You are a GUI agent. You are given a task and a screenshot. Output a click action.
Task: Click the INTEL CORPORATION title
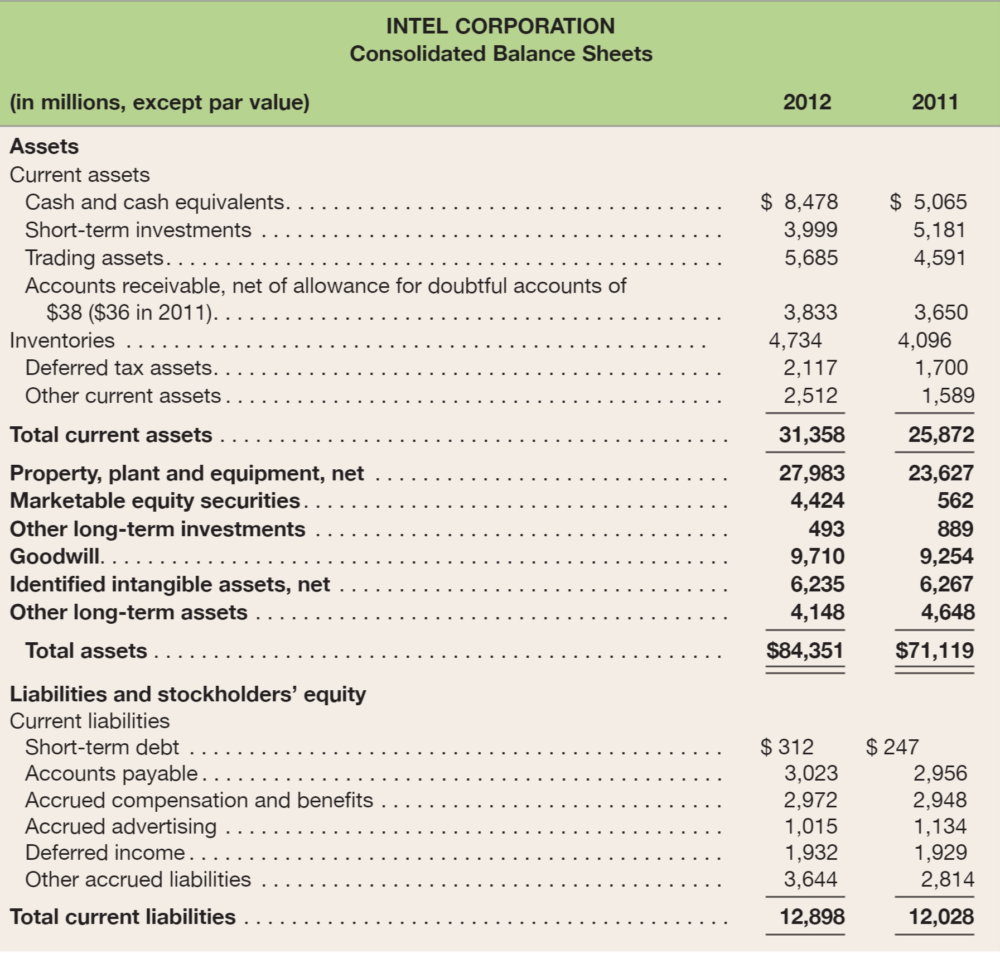click(500, 26)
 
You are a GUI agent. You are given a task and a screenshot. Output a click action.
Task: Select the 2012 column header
click(806, 102)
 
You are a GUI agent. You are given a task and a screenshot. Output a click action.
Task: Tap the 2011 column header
click(935, 102)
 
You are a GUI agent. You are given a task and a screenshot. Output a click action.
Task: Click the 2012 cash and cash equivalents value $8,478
click(799, 202)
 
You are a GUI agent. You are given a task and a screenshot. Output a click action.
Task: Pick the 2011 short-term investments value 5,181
click(940, 230)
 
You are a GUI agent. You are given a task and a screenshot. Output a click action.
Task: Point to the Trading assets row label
click(94, 258)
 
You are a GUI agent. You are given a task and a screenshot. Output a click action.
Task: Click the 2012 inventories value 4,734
click(795, 340)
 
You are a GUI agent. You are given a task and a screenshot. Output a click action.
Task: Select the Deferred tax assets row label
click(119, 368)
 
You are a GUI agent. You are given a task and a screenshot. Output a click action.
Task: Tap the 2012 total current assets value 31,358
click(811, 435)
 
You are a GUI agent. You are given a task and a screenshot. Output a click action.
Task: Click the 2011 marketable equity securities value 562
click(955, 500)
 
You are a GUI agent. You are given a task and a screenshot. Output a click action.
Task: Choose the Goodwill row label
click(55, 556)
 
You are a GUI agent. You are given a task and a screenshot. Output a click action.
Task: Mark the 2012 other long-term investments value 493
click(827, 529)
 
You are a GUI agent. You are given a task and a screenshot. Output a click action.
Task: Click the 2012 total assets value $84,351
click(805, 651)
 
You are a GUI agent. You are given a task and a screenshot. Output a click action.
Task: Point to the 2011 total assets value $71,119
click(934, 651)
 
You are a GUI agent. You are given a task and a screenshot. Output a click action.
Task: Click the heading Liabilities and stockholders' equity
click(188, 694)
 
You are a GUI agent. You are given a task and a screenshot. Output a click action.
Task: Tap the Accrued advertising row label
click(121, 826)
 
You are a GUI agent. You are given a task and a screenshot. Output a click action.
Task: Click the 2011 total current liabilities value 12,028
click(941, 917)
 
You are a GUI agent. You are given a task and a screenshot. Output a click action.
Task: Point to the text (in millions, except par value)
click(160, 103)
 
